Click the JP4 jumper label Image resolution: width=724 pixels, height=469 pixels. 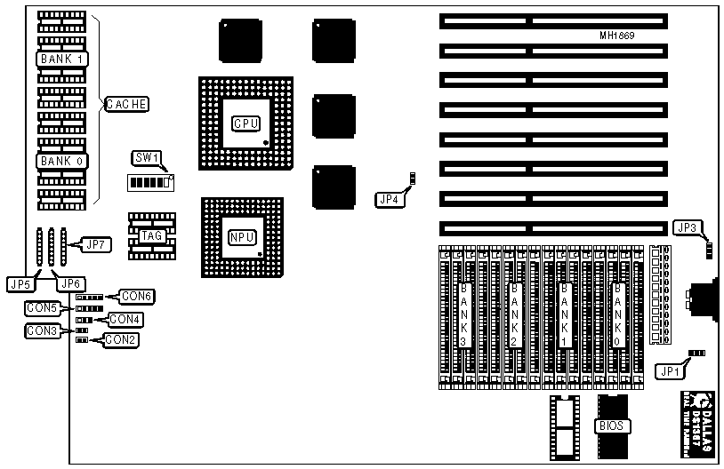point(390,199)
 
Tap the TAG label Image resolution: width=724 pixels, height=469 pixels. point(150,236)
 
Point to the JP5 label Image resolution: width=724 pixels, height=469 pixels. point(20,284)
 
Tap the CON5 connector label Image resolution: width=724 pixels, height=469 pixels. point(42,307)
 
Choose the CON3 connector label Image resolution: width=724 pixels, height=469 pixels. point(42,330)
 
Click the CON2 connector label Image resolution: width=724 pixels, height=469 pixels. point(121,339)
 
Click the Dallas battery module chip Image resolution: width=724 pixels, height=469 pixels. point(698,425)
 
